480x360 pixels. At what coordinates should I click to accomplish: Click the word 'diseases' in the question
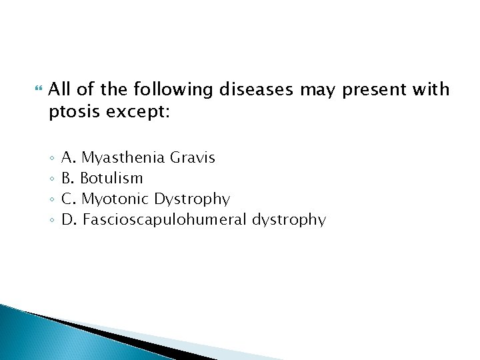256,89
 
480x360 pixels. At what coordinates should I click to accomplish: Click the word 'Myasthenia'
124,158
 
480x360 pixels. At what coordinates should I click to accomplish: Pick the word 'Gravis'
193,158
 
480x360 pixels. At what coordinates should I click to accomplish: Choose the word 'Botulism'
111,178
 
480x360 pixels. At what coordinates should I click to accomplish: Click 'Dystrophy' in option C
191,199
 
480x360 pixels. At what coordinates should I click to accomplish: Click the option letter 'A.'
69,158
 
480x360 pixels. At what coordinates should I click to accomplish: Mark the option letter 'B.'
68,178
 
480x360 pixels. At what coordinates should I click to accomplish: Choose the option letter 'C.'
69,199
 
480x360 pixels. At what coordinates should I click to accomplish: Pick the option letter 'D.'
69,219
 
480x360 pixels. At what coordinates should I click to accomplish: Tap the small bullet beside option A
51,159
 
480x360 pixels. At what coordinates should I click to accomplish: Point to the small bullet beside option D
51,219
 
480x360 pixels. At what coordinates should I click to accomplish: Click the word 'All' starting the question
60,89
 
